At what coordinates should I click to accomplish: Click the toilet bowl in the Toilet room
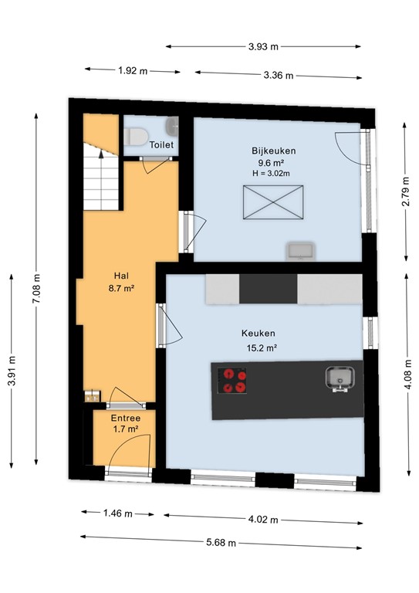tap(137, 137)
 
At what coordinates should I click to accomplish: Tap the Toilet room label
tap(161, 144)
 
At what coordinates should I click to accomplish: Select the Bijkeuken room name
tap(273, 151)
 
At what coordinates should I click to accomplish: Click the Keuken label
tap(258, 334)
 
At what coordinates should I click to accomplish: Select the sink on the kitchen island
tap(340, 378)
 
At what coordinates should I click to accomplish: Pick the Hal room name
tap(121, 276)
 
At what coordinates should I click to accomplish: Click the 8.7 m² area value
tap(121, 288)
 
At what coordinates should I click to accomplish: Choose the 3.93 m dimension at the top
tap(264, 47)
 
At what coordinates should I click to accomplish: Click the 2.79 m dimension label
tap(405, 191)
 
